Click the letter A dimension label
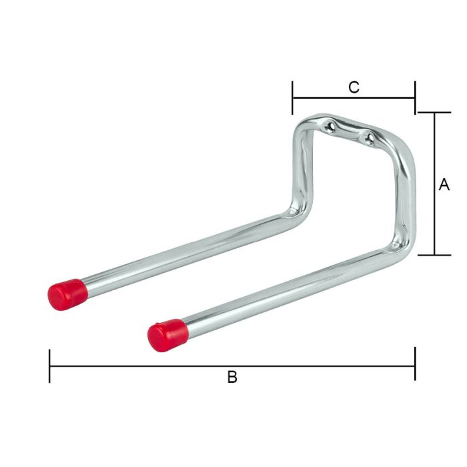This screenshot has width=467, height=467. [x=444, y=185]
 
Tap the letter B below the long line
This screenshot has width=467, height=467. [x=232, y=378]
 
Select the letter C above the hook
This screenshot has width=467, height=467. [x=354, y=87]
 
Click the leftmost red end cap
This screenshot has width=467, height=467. [x=67, y=294]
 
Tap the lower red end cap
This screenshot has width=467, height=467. [x=166, y=335]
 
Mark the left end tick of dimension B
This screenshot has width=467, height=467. [x=49, y=366]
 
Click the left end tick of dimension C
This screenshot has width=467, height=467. [x=292, y=98]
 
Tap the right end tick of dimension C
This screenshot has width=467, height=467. [x=415, y=98]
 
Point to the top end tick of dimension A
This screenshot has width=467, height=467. [x=434, y=113]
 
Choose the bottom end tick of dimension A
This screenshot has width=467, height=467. [x=434, y=255]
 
